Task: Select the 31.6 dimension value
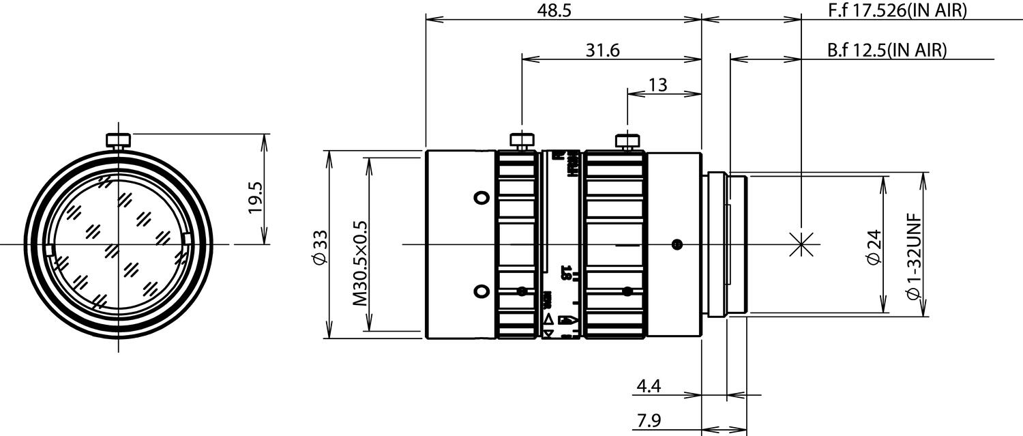(602, 50)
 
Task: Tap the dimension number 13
(657, 85)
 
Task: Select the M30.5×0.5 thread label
(359, 263)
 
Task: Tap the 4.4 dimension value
(648, 387)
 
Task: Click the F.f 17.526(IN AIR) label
(897, 11)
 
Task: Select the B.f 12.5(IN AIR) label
(887, 50)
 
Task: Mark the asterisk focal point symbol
(802, 244)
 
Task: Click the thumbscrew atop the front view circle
(118, 141)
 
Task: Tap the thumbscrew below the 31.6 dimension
(522, 141)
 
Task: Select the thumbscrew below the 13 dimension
(627, 141)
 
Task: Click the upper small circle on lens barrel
(481, 197)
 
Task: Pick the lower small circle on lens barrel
(481, 291)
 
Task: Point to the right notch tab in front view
(187, 238)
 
